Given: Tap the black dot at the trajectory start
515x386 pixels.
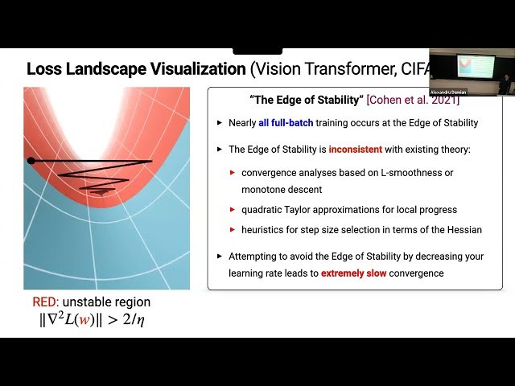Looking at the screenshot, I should pyautogui.click(x=31, y=161).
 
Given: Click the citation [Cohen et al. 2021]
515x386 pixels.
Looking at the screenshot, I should pyautogui.click(x=412, y=99).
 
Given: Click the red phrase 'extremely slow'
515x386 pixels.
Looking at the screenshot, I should pyautogui.click(x=358, y=273).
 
